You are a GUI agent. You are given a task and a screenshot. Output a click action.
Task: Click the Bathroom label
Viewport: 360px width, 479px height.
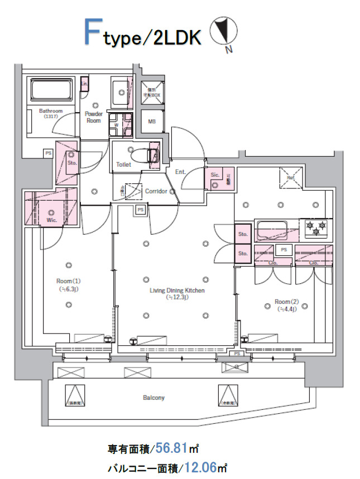tap(50, 111)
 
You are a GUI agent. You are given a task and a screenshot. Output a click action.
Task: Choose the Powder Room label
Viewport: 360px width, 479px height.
tap(94, 117)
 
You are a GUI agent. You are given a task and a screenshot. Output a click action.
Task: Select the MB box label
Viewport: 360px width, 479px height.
tap(152, 121)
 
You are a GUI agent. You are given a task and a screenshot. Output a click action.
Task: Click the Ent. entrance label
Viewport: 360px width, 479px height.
tap(180, 172)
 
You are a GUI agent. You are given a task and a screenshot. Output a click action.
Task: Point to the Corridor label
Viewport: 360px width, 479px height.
tap(156, 191)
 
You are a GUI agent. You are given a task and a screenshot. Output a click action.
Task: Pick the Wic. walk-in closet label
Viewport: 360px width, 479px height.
tap(51, 219)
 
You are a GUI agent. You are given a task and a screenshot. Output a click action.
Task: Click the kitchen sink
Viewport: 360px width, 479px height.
tap(271, 229)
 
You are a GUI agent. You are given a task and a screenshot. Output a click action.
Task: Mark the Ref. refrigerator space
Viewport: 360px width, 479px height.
tap(291, 179)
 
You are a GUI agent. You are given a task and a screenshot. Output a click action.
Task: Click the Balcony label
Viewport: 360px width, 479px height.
tap(153, 398)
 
